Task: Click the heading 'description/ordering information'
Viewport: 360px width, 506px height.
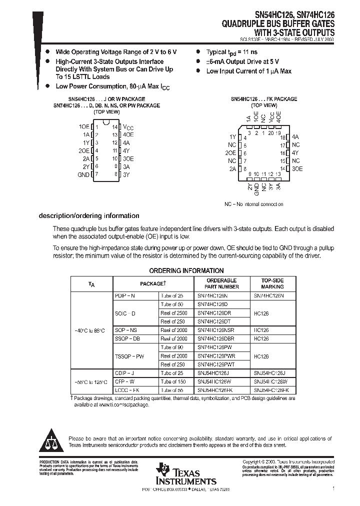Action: [89, 216]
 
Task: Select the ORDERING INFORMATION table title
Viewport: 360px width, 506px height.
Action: [186, 270]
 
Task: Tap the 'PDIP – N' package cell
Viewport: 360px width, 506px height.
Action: [125, 295]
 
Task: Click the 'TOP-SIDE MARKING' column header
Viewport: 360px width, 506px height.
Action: [272, 283]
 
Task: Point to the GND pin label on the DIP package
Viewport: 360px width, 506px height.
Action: [83, 174]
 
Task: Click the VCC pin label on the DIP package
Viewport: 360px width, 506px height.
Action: [128, 127]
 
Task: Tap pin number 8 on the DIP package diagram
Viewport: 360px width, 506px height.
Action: [115, 174]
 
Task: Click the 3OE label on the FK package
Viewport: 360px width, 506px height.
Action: [297, 169]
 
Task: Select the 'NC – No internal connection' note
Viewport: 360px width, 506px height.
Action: [253, 204]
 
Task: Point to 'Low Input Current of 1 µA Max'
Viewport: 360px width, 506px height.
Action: [248, 71]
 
